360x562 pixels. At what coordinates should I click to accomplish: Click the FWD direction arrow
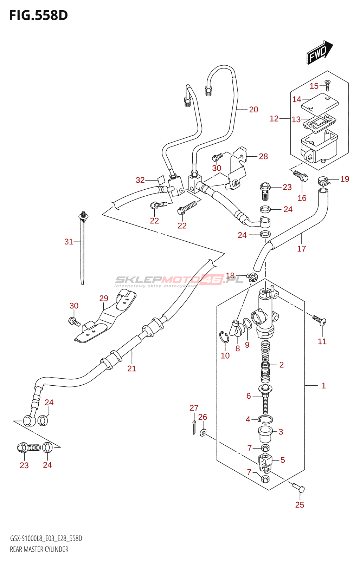[x=319, y=53]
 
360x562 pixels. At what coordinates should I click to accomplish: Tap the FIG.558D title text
[x=38, y=15]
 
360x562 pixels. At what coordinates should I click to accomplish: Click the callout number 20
[x=253, y=110]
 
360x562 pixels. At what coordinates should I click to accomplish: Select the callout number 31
[x=69, y=242]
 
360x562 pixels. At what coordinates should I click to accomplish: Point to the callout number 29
[x=104, y=298]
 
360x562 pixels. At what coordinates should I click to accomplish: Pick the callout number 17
[x=302, y=249]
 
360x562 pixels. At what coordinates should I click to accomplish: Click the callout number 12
[x=274, y=119]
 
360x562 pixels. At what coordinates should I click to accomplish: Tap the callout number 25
[x=300, y=505]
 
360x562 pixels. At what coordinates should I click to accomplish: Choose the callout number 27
[x=194, y=408]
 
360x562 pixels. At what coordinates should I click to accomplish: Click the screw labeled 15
[x=328, y=85]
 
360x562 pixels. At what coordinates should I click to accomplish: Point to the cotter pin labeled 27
[x=194, y=427]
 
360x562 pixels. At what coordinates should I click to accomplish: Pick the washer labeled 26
[x=203, y=432]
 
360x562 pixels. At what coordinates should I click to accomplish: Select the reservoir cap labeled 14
[x=320, y=103]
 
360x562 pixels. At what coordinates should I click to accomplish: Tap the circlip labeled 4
[x=265, y=419]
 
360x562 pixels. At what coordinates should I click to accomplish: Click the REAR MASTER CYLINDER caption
[x=39, y=549]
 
